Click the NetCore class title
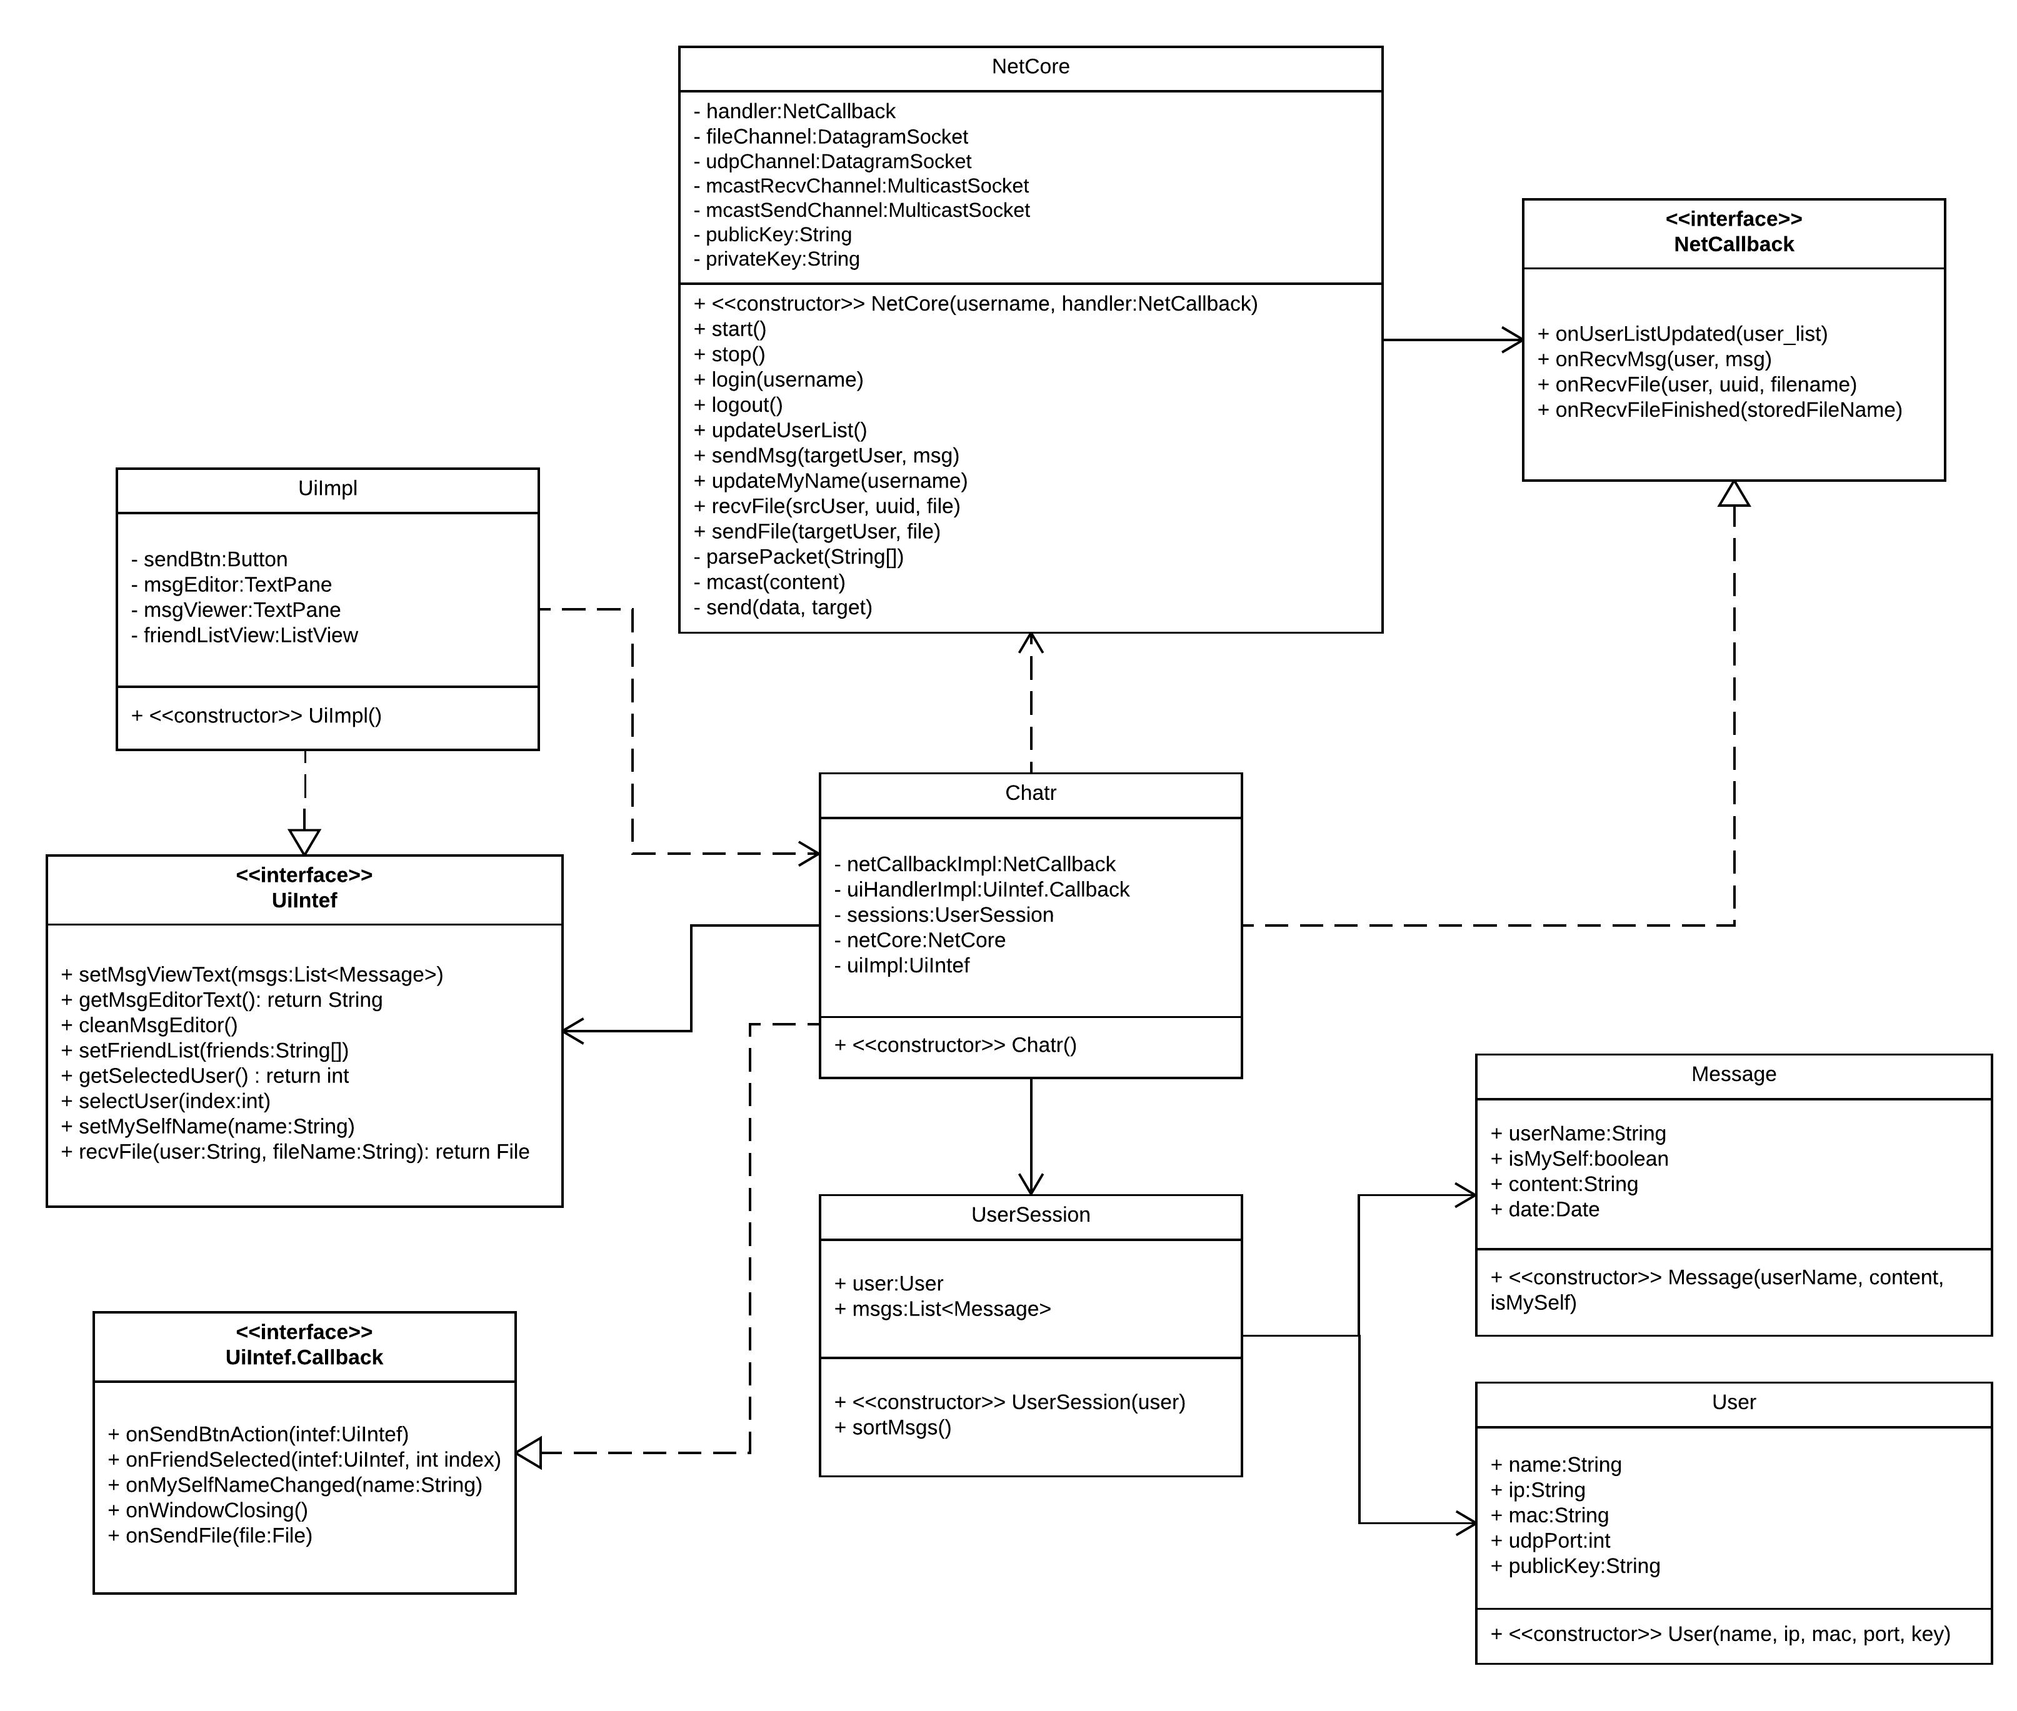pyautogui.click(x=1030, y=67)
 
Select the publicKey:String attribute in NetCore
pyautogui.click(x=778, y=235)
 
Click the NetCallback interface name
pyautogui.click(x=1734, y=244)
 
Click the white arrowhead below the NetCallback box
pyautogui.click(x=1734, y=495)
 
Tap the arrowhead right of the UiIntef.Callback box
pyautogui.click(x=529, y=1453)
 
